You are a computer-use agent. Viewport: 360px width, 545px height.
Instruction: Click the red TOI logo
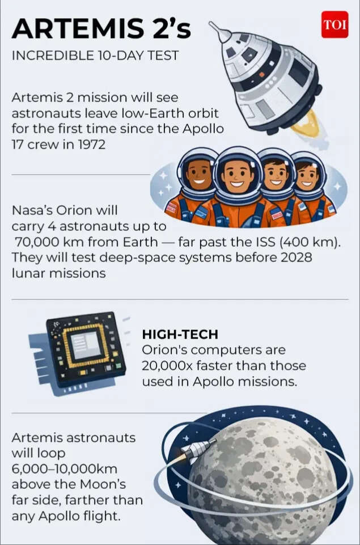[x=334, y=25]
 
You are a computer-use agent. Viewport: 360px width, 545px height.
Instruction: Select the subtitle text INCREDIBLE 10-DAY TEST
[x=95, y=56]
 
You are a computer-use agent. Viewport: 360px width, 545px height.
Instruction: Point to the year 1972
[x=89, y=144]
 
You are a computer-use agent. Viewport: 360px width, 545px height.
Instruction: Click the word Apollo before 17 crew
[x=203, y=129]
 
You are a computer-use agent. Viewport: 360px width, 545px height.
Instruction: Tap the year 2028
[x=294, y=257]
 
